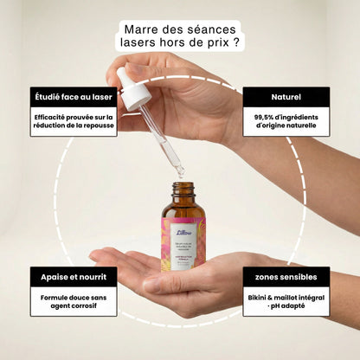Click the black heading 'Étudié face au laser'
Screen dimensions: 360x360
pos(74,96)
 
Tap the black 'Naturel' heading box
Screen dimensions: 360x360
pos(286,96)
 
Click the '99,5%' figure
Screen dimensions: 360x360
pos(268,117)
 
